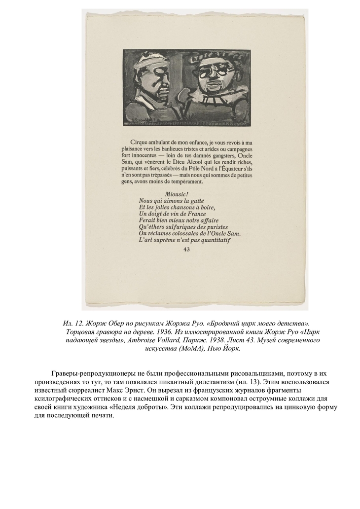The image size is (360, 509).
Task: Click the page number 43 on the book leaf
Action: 186,250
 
